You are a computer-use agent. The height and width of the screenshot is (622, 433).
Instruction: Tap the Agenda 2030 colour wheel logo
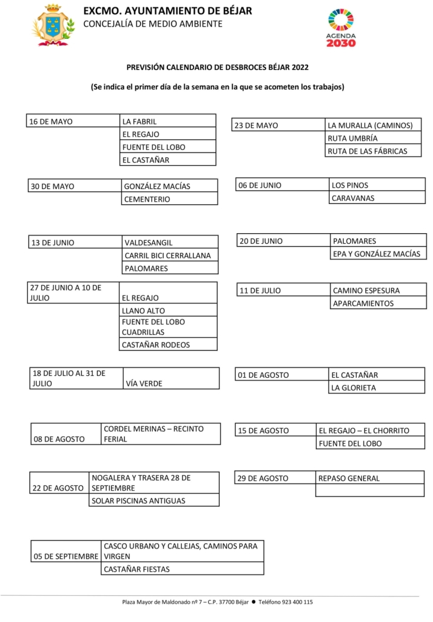point(341,22)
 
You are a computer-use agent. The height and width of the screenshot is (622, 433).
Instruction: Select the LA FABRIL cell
point(168,121)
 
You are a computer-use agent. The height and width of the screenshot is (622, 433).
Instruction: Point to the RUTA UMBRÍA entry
point(373,138)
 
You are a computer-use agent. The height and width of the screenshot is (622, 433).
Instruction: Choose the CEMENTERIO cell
point(169,199)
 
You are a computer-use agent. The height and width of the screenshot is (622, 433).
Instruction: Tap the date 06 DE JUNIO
point(283,185)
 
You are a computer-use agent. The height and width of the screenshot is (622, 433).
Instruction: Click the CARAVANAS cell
point(377,198)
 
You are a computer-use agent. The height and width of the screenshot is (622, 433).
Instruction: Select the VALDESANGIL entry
point(170,243)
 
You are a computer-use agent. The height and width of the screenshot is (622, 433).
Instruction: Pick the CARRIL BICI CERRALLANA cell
point(170,256)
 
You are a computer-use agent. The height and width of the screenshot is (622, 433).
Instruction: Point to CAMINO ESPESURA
point(377,290)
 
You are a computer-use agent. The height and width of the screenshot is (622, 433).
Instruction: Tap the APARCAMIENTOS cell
point(377,304)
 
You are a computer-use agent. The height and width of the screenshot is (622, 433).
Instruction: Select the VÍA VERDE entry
point(170,383)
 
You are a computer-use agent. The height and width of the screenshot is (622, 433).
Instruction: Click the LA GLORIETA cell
point(376,388)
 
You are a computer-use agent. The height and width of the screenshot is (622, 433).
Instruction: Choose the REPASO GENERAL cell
point(370,479)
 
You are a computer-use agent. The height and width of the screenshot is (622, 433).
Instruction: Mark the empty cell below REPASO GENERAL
point(370,491)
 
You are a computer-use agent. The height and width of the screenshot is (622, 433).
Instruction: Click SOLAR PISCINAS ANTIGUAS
point(154,501)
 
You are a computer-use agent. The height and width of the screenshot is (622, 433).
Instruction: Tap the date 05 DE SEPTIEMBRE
point(66,556)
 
